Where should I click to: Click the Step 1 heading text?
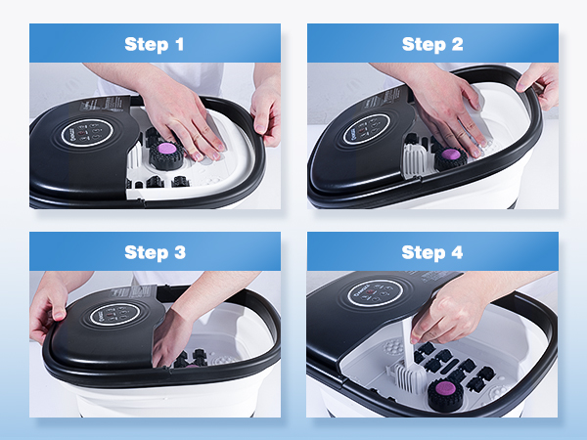(156, 44)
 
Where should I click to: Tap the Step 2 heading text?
(432, 44)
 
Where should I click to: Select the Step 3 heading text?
(156, 252)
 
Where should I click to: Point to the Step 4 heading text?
(432, 252)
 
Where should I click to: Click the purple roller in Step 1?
(164, 150)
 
